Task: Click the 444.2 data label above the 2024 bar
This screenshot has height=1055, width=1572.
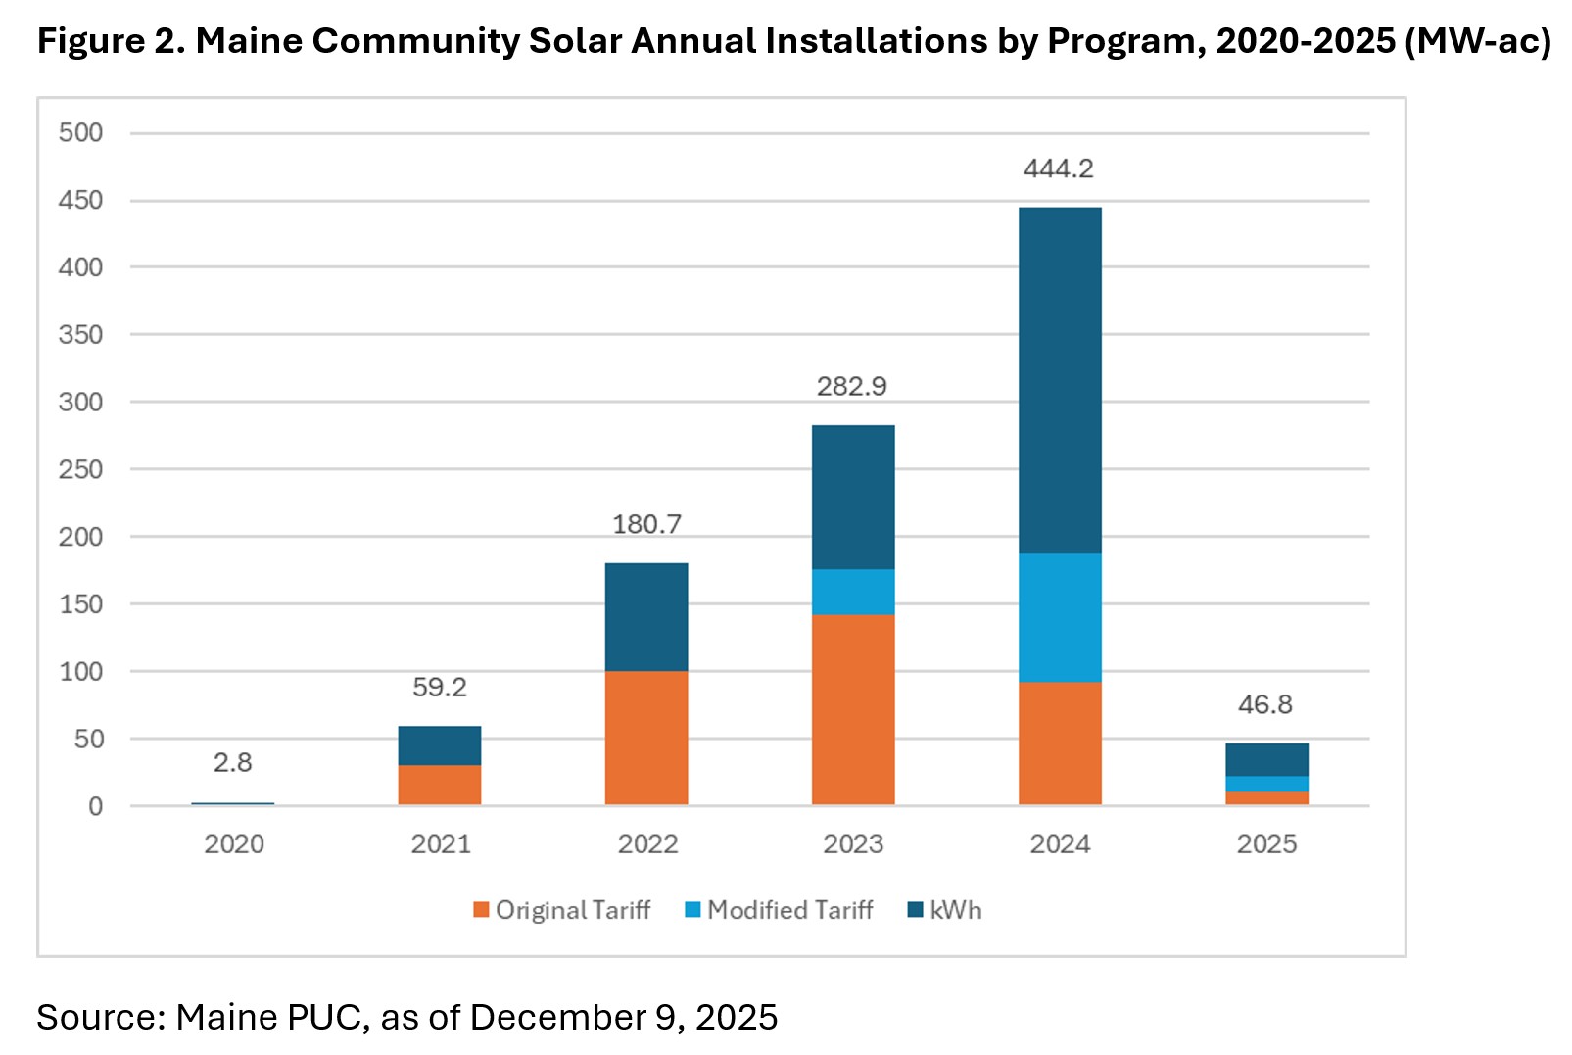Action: pos(1058,168)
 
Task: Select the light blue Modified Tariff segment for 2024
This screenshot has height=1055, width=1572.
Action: pos(1060,617)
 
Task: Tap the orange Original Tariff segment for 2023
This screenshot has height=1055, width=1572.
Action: pos(853,709)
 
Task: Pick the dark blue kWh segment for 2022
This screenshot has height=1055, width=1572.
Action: pos(646,616)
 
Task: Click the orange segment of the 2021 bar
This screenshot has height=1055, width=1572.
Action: pos(440,785)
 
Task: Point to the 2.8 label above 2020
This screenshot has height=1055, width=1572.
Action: pos(233,762)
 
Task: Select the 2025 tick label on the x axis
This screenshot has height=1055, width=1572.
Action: pos(1266,843)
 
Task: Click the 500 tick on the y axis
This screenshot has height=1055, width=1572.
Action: pos(80,132)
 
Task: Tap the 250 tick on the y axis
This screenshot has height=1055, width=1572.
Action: pos(80,469)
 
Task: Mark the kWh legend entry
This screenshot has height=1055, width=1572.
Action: pos(945,910)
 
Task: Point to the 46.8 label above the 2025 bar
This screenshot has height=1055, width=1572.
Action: pos(1265,704)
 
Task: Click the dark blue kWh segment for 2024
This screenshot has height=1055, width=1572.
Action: pos(1060,380)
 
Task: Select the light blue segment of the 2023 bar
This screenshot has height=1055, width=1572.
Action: pos(853,592)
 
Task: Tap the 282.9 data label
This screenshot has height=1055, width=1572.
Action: pos(852,386)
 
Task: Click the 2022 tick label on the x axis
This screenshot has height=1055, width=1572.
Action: pos(647,843)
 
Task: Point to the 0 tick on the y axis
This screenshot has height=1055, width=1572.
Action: pos(95,806)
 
